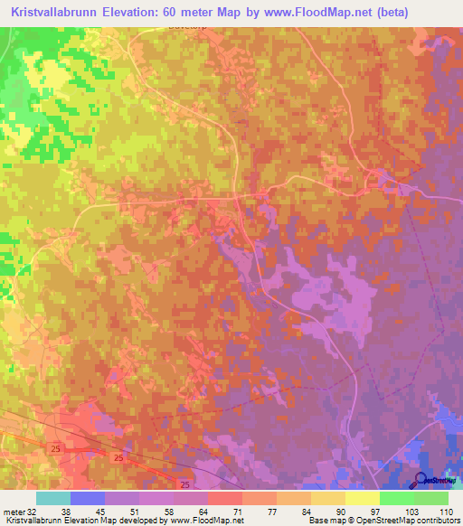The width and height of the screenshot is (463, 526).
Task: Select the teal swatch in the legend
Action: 53,498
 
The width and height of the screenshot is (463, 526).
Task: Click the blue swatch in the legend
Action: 88,498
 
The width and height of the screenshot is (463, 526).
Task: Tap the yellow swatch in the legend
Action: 363,498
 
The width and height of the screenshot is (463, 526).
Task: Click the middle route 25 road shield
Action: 119,458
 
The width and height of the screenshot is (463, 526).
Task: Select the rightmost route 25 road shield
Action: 184,485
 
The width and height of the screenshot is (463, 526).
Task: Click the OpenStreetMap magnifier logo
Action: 421,479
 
